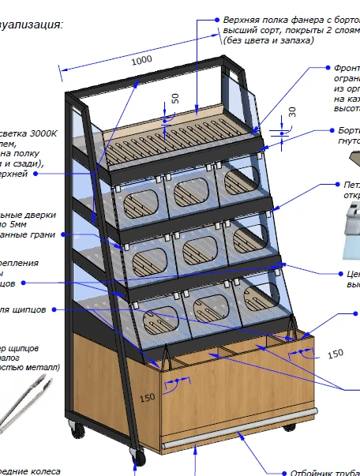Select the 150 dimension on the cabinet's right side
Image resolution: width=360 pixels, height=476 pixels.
pos(336,352)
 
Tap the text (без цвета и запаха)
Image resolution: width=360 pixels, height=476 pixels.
pos(269,39)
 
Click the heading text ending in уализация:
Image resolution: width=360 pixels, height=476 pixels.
pos(32,24)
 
